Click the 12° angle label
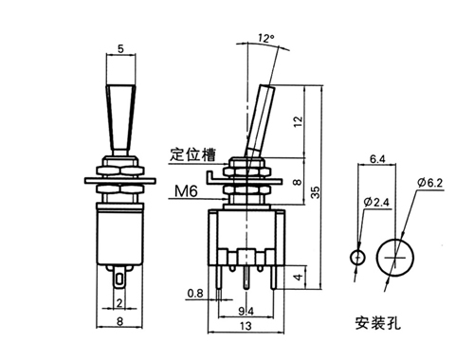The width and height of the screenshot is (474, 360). (x=265, y=38)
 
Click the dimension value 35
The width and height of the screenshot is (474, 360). (x=315, y=192)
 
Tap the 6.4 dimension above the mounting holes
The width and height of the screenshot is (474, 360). (x=377, y=159)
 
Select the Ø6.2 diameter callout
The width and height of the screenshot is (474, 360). (x=430, y=183)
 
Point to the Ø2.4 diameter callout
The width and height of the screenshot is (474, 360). (x=376, y=202)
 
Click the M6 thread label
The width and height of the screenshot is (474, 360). (x=186, y=191)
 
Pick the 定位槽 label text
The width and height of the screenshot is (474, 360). (x=192, y=154)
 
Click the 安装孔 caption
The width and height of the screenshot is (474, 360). (x=378, y=323)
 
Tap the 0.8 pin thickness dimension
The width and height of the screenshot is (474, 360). (x=195, y=294)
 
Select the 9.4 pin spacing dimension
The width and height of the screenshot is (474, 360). (x=246, y=312)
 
